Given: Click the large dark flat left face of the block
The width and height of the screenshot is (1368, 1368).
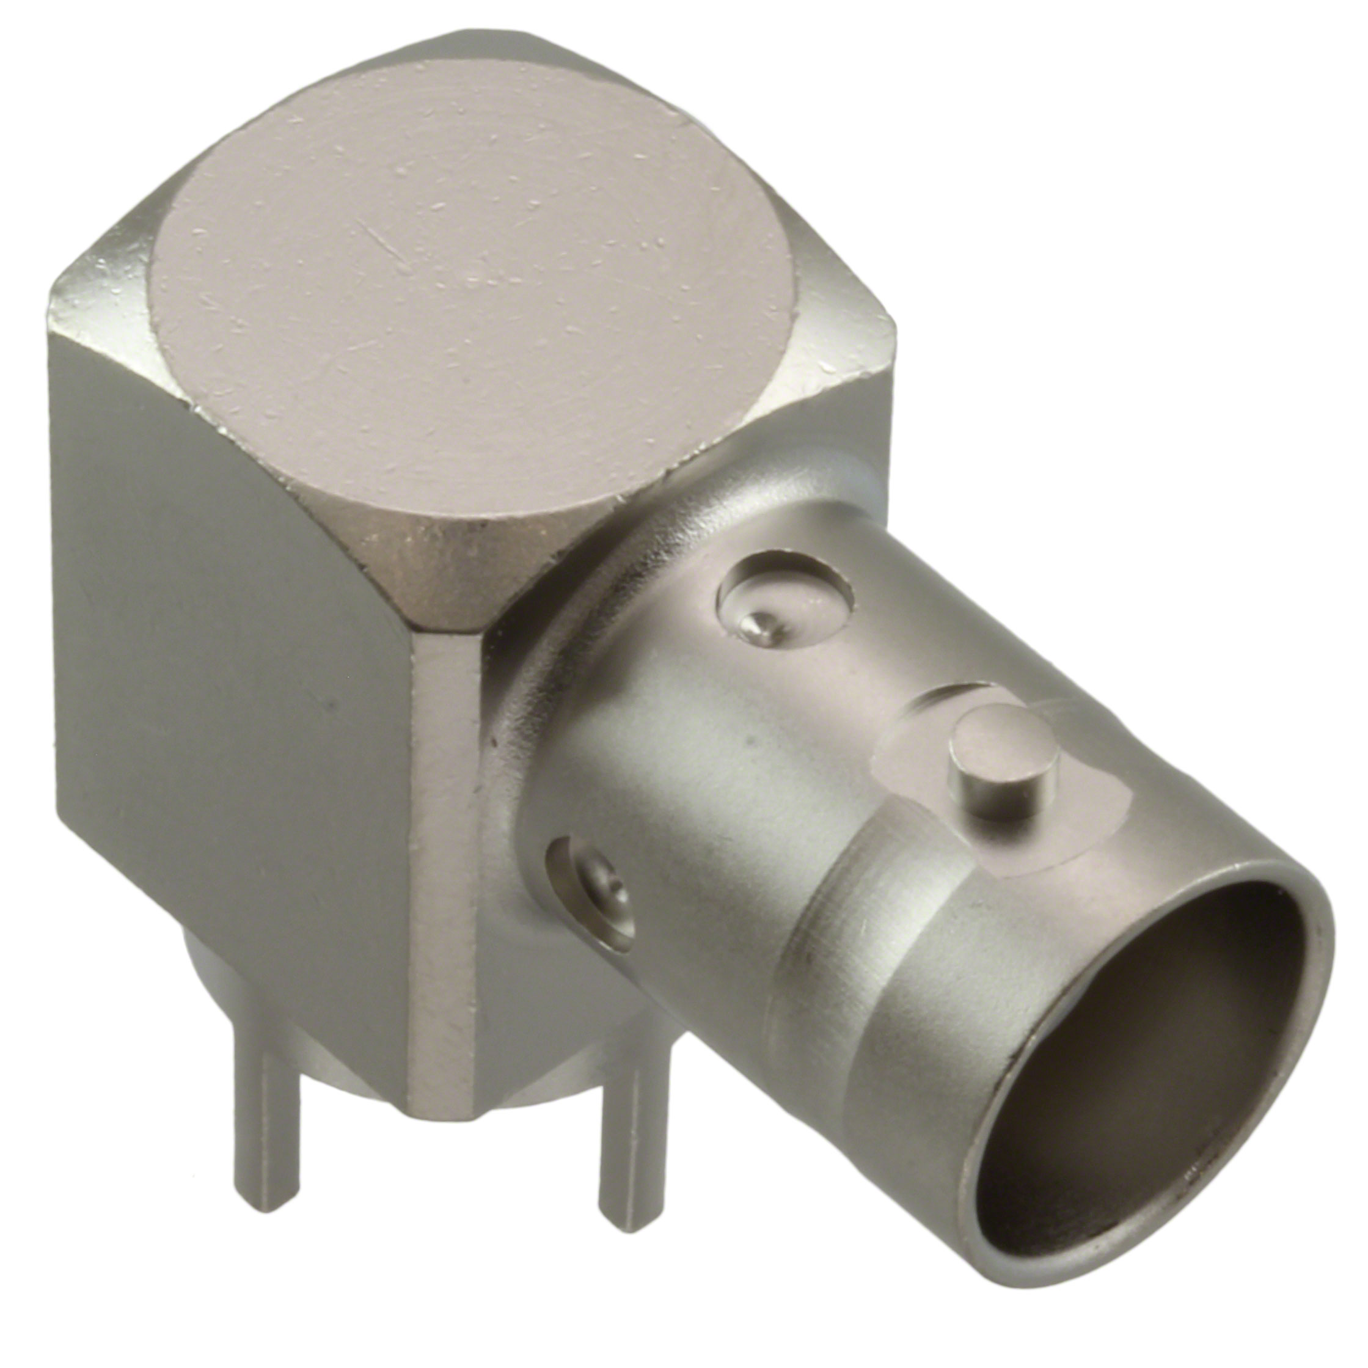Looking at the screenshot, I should (227, 673).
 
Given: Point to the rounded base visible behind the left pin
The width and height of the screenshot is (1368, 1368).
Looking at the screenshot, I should (205, 984).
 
